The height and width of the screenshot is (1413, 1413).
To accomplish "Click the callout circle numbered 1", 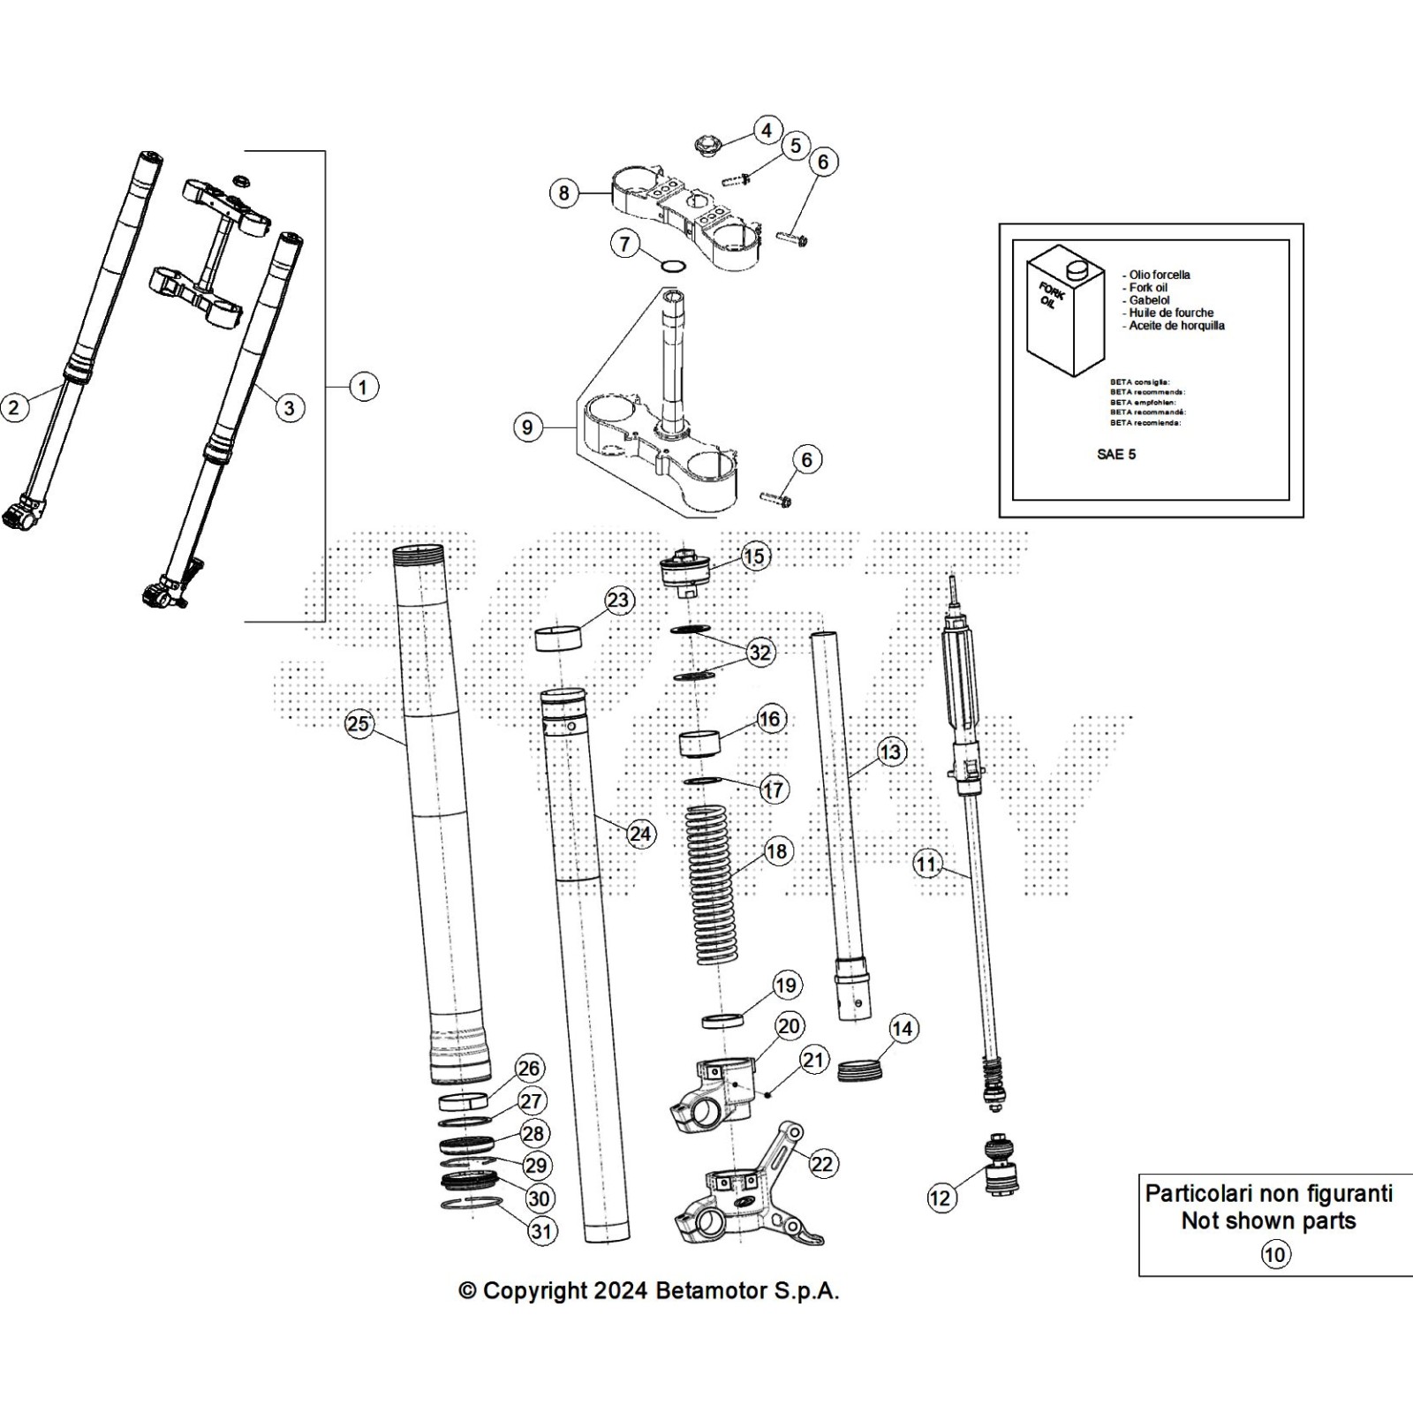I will click(x=363, y=387).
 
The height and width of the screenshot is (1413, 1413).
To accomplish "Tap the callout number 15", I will click(x=754, y=556).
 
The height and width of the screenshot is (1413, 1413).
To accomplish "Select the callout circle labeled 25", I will click(x=359, y=725).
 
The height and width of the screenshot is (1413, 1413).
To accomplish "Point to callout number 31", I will click(x=541, y=1231).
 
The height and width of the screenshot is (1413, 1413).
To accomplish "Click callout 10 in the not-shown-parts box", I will click(x=1275, y=1254).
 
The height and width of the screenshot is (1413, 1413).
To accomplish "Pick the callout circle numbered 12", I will click(x=941, y=1198).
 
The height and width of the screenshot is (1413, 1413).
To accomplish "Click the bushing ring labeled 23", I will click(x=558, y=638).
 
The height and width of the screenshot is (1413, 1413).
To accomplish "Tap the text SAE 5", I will click(x=1116, y=454).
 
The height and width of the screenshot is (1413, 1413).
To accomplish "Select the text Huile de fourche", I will click(x=1171, y=313).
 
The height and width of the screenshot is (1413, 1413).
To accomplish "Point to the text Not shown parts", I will click(x=1268, y=1221).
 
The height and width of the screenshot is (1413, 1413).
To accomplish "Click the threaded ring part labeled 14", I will click(x=859, y=1068).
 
